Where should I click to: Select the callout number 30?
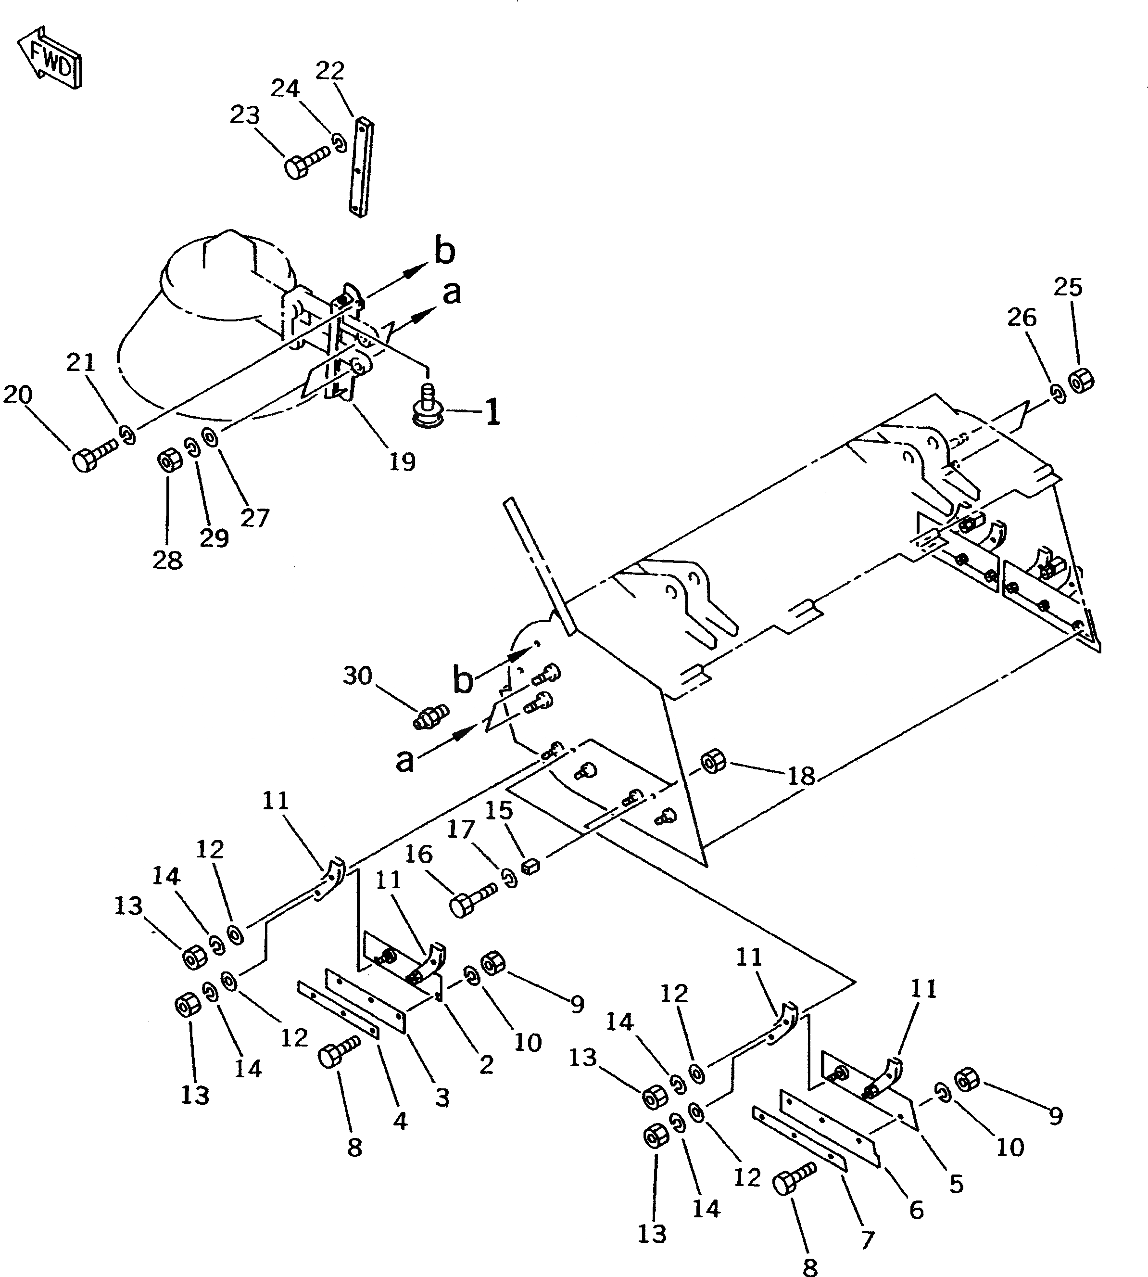click(x=358, y=676)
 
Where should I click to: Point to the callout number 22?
click(x=329, y=71)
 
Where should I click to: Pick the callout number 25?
click(x=1068, y=287)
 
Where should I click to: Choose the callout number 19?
click(x=402, y=462)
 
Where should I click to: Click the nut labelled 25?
click(x=1081, y=381)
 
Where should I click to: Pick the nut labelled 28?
click(x=168, y=462)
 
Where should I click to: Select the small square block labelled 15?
click(x=531, y=866)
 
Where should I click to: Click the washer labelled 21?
click(x=128, y=434)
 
